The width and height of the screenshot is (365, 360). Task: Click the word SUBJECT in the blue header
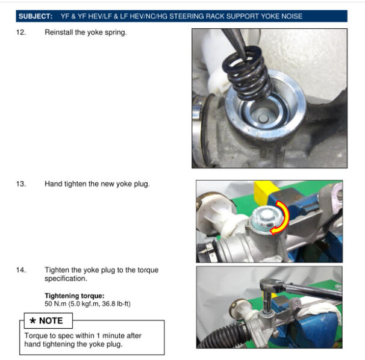[x=36, y=16]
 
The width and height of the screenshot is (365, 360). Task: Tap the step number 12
[x=20, y=33]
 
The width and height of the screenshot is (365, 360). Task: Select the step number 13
[x=20, y=184]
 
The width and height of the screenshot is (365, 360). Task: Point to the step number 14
[x=20, y=270]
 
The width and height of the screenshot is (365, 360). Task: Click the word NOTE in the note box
[x=51, y=321]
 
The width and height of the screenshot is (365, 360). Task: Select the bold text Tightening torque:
[x=75, y=296]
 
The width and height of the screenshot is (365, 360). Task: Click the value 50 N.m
[x=55, y=303]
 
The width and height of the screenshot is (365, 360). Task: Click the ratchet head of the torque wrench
[x=271, y=285]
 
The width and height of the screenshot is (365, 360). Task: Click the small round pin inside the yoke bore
[x=263, y=119]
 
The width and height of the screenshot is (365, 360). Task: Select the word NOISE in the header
[x=292, y=16]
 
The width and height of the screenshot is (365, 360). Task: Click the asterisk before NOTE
[x=33, y=321]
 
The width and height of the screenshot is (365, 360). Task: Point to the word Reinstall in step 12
[x=58, y=33]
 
